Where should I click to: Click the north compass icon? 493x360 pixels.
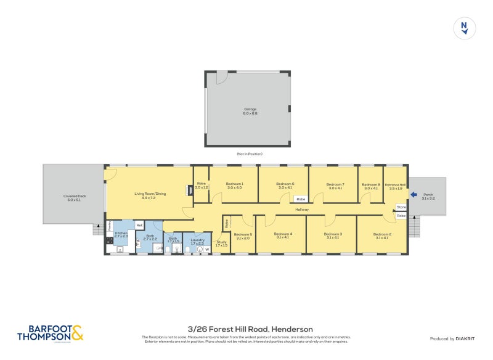[x=464, y=28]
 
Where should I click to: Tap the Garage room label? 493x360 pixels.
[x=250, y=111]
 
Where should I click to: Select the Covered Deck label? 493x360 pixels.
[x=73, y=198]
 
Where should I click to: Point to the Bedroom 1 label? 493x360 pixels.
[x=234, y=186]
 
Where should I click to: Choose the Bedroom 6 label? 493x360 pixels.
[x=285, y=186]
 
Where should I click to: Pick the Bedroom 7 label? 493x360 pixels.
[x=335, y=186]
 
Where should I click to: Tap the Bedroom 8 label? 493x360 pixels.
[x=370, y=186]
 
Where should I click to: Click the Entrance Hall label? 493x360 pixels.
[x=395, y=186]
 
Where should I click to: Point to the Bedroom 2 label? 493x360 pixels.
[x=382, y=235]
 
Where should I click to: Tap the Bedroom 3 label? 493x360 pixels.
[x=333, y=235]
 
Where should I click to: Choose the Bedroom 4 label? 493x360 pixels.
[x=282, y=235]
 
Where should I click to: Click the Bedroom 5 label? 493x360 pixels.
[x=243, y=235]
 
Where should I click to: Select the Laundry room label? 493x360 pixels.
[x=197, y=241]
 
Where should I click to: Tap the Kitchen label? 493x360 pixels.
[x=121, y=234]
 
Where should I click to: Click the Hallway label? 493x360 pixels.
[x=301, y=210]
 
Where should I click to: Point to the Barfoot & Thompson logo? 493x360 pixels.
[x=50, y=333]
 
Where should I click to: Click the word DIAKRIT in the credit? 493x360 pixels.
[x=464, y=338]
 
